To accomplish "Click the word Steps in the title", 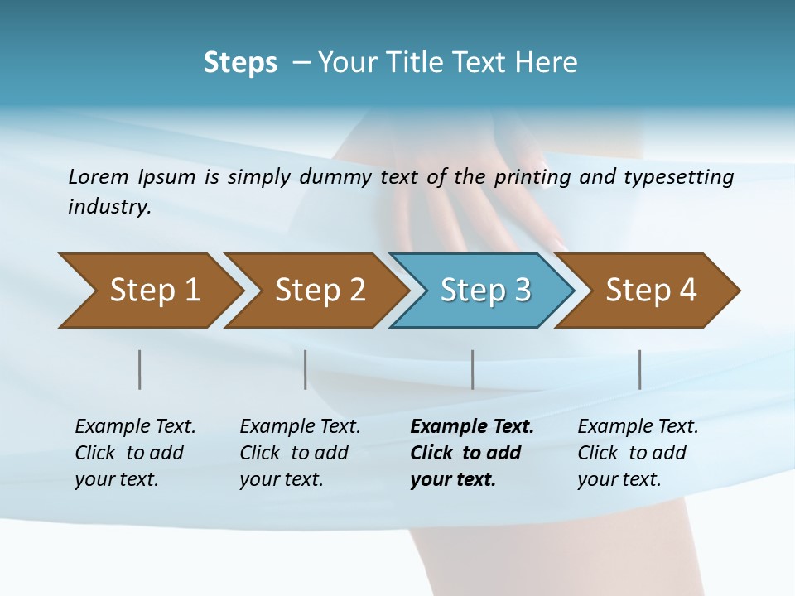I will (240, 62).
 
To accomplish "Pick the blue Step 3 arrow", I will (484, 291).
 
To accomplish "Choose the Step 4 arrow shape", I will (650, 291).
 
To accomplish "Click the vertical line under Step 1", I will (140, 369).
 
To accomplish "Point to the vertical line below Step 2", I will (306, 369).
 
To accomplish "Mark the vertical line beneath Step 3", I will (473, 369).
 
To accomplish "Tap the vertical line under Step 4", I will (640, 369).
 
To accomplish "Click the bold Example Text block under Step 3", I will (472, 453).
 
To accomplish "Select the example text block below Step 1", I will (135, 453).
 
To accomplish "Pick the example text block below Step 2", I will (300, 453).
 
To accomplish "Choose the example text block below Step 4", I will (638, 453).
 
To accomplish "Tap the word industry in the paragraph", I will (108, 207).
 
